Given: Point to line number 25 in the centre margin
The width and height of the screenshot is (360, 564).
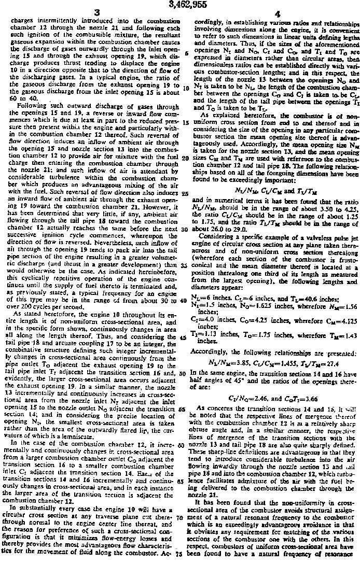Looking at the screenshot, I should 185,192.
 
